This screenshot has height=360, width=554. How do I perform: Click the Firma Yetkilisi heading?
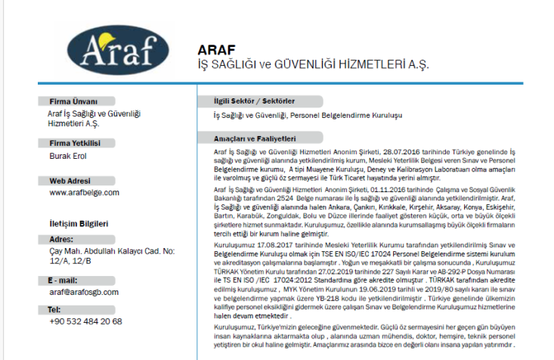coord(76,142)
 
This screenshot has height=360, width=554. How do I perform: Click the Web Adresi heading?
coord(70,181)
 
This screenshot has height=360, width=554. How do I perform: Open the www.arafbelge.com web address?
coord(83,193)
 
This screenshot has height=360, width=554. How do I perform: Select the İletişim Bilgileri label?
coord(79,223)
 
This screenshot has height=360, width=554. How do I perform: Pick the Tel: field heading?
coord(54,309)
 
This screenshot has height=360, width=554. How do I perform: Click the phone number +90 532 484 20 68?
coord(85,321)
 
